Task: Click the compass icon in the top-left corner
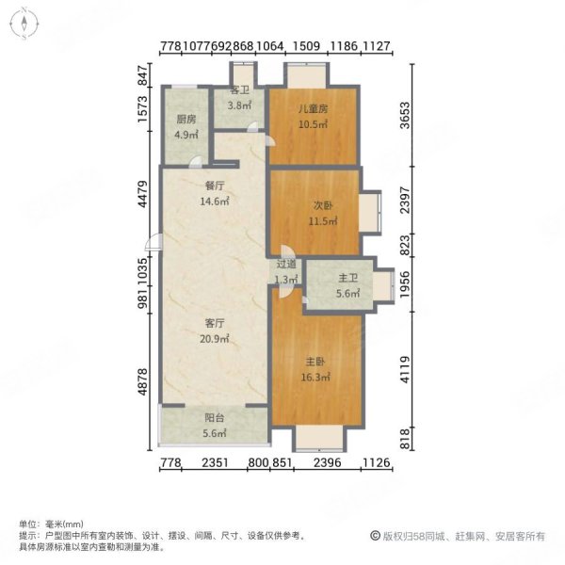23,24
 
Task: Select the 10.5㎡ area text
314,124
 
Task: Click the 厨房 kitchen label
186,120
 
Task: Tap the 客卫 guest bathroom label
240,92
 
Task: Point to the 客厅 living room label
214,324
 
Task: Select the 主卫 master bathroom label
347,279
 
